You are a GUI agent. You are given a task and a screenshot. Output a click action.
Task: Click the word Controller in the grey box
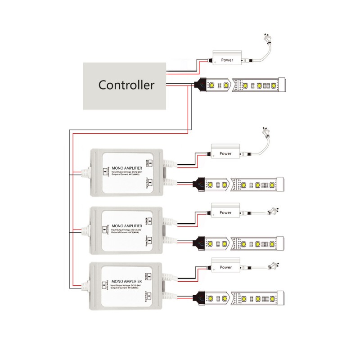coord(126,85)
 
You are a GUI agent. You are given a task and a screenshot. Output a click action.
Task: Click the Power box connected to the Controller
coord(227,60)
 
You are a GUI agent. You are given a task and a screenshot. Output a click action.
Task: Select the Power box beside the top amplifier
coord(225,153)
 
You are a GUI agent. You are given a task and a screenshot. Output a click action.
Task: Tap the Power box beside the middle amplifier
coord(225,212)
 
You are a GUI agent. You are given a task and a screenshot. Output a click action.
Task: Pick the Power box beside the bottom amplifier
coord(225,267)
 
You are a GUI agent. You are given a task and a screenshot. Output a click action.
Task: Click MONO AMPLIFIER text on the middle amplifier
coord(124,226)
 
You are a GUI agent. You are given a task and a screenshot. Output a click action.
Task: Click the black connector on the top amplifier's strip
coord(200,184)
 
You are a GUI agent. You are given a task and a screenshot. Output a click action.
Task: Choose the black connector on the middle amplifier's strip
coord(200,243)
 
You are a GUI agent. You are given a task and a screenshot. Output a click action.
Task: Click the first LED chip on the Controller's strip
coord(212,84)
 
